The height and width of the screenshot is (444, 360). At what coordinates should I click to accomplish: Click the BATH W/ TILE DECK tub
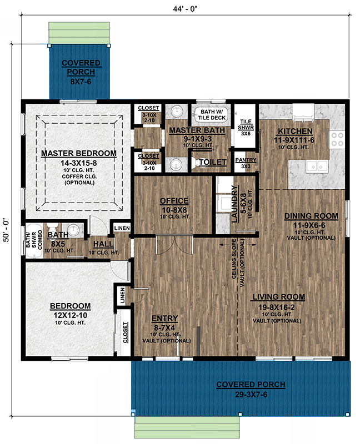click(x=210, y=114)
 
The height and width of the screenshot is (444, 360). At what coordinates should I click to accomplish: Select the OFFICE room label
click(x=174, y=201)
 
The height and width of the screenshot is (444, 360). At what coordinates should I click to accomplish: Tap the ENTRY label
click(x=164, y=319)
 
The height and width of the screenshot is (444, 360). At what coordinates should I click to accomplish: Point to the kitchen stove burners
click(x=337, y=138)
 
